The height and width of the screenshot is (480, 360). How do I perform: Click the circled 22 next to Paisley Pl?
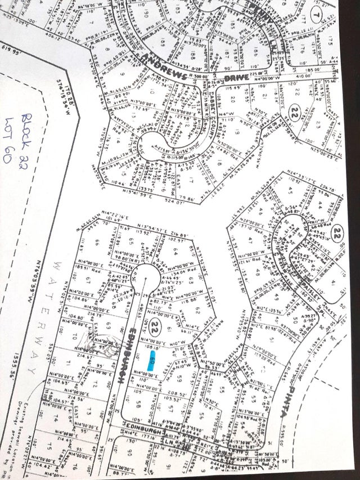(x=336, y=232)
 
